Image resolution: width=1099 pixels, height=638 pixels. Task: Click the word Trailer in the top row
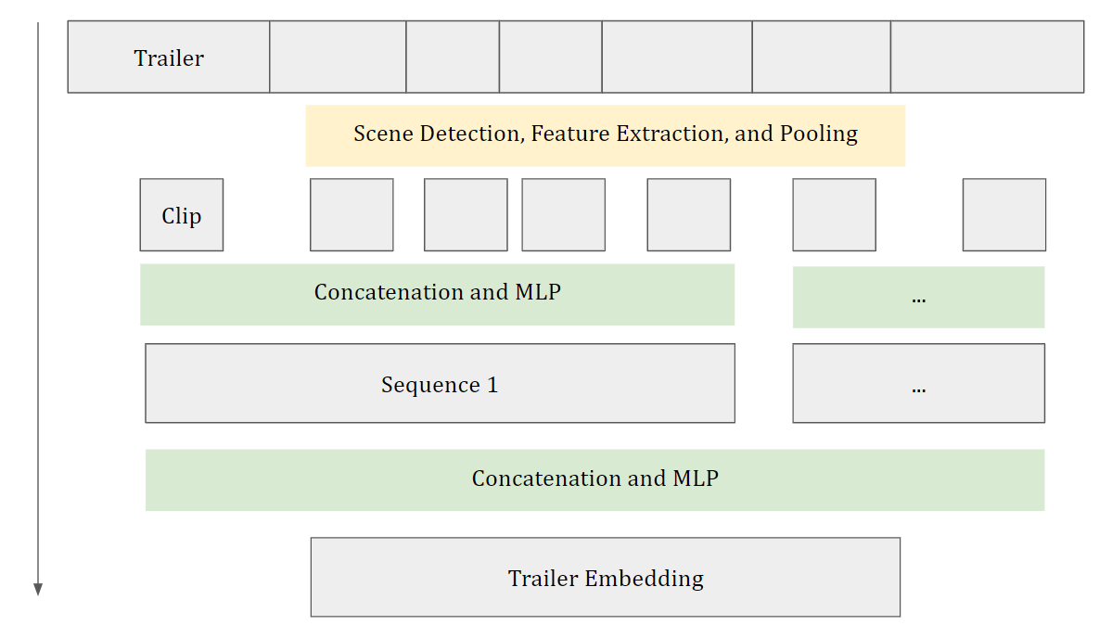point(169,58)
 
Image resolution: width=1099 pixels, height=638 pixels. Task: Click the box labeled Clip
point(182,214)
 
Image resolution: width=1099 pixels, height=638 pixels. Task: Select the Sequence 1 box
point(441,383)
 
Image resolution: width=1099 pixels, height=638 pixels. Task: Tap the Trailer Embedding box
point(606,577)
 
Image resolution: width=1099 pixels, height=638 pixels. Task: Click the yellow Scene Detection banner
point(606,136)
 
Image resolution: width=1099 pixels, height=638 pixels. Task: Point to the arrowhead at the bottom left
point(39,589)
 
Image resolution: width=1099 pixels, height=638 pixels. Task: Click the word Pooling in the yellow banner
point(819,134)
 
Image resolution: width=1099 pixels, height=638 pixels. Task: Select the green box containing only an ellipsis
point(918,297)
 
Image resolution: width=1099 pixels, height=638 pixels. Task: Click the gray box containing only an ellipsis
point(919,383)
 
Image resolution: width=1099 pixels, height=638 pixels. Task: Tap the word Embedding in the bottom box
point(645,579)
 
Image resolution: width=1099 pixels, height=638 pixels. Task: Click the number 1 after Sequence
point(492,385)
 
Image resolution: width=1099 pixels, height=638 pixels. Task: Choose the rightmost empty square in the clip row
point(1004,214)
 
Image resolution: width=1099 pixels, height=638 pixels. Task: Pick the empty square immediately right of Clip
point(351,214)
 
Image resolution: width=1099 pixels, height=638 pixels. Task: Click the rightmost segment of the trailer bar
point(988,57)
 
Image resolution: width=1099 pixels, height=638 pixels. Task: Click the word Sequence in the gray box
point(430,386)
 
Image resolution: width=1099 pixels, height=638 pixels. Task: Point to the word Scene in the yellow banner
point(383,134)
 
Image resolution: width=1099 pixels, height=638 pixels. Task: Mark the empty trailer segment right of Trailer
point(338,57)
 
